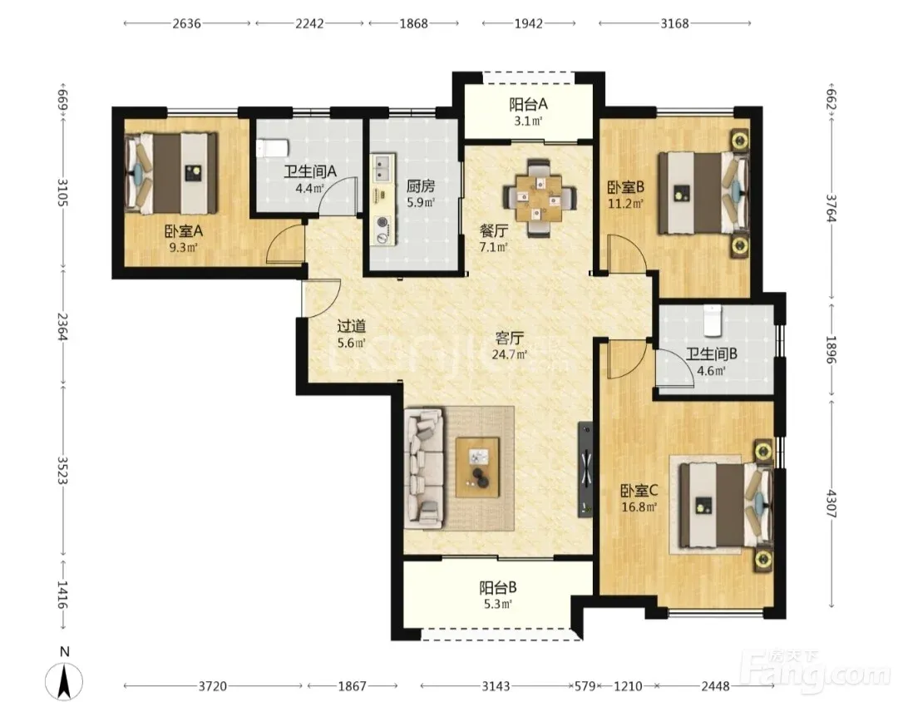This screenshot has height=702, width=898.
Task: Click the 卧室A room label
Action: pyautogui.click(x=183, y=231)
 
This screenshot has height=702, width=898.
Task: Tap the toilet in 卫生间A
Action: pyautogui.click(x=271, y=148)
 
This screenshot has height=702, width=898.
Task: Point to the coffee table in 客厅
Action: pyautogui.click(x=477, y=467)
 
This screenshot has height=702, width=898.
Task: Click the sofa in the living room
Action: pyautogui.click(x=424, y=468)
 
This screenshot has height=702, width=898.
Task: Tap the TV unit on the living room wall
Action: pyautogui.click(x=585, y=469)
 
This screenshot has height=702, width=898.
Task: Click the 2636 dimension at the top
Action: pyautogui.click(x=187, y=23)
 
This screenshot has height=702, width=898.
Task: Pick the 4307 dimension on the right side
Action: pyautogui.click(x=831, y=502)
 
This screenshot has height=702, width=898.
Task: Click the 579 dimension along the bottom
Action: pyautogui.click(x=586, y=685)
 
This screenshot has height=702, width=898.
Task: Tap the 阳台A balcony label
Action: pyautogui.click(x=528, y=104)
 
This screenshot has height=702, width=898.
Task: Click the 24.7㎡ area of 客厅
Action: pyautogui.click(x=509, y=354)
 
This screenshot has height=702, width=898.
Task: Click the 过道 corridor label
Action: pyautogui.click(x=351, y=326)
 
